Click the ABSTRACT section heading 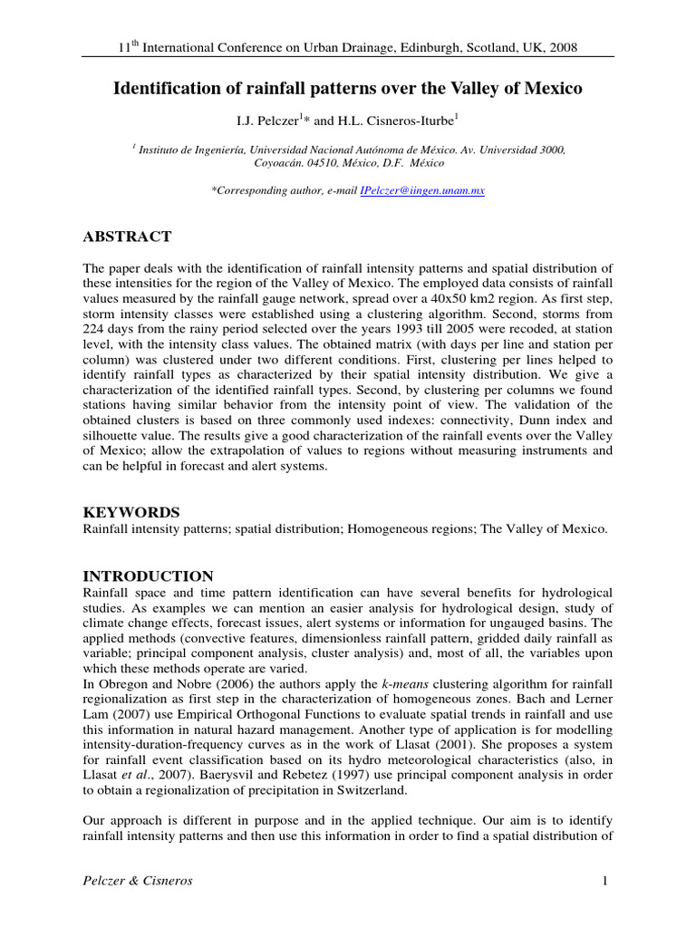(127, 237)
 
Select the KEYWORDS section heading (131, 512)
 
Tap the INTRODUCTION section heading (149, 576)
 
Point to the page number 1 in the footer (602, 881)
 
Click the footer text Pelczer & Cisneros (137, 881)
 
